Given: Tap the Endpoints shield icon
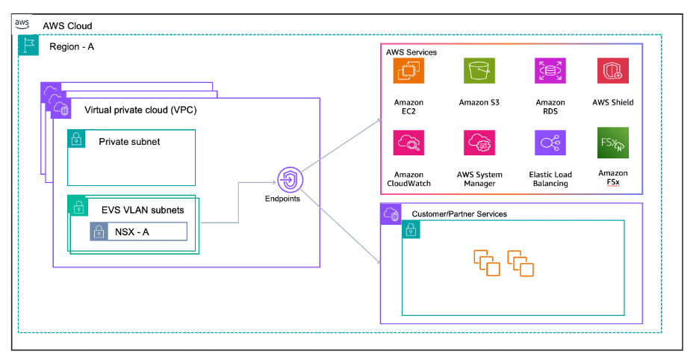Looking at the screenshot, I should click(x=289, y=180).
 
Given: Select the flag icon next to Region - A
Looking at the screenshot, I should click(x=28, y=46).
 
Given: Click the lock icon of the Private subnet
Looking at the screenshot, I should click(x=77, y=139).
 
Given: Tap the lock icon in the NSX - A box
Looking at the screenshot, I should click(x=100, y=232).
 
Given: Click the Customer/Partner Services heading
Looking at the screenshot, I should click(x=459, y=214).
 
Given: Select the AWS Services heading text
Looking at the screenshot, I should click(x=411, y=52).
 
